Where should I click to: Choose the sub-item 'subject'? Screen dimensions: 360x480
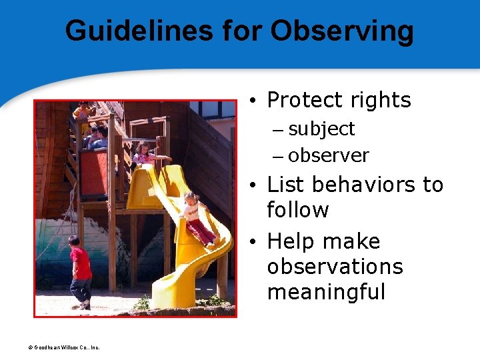tap(321, 129)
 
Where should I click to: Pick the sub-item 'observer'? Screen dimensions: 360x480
tap(329, 155)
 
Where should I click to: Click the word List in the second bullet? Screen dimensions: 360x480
tap(284, 184)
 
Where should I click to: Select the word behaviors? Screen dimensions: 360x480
tap(363, 184)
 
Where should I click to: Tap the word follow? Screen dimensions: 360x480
tap(297, 210)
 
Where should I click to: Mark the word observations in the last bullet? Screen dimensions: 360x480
tap(335, 266)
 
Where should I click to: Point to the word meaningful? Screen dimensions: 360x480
tap(326, 291)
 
